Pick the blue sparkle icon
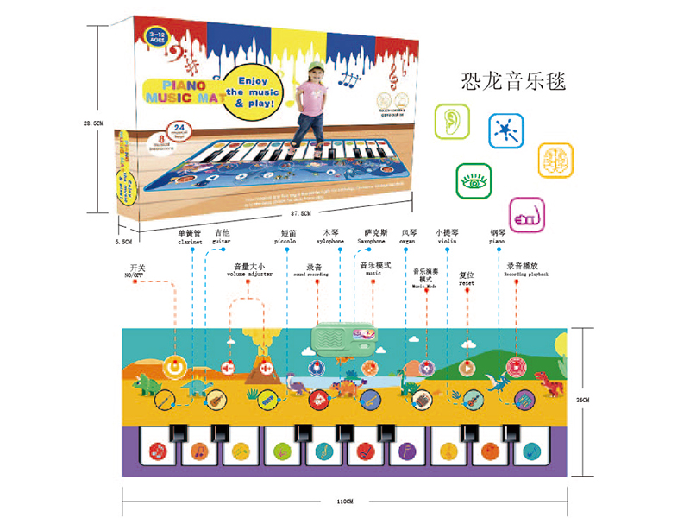[x=505, y=130]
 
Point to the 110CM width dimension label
[x=345, y=502]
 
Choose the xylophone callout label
[x=332, y=242]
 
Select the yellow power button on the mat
[x=176, y=364]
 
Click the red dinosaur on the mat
[x=545, y=379]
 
